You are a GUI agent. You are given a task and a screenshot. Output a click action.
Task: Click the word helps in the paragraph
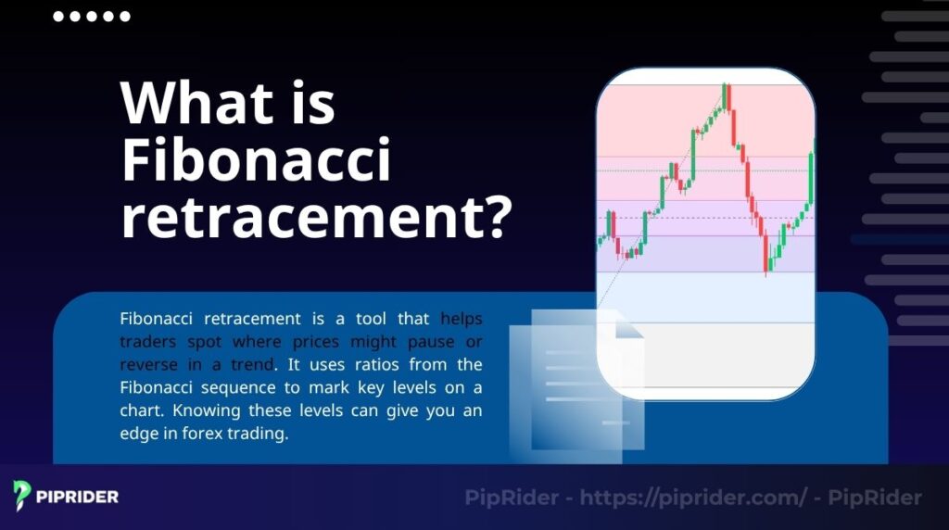[x=461, y=318]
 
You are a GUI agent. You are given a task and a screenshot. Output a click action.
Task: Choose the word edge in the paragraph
[x=140, y=434]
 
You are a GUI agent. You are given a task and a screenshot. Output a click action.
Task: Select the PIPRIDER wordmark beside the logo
[x=78, y=497]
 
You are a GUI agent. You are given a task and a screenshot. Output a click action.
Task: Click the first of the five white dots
[x=58, y=17]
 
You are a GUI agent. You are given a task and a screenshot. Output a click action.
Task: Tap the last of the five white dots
[x=125, y=17]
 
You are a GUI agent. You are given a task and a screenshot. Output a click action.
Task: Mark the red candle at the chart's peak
[x=728, y=96]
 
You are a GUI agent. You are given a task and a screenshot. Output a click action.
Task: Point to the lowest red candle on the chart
[x=766, y=254]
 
